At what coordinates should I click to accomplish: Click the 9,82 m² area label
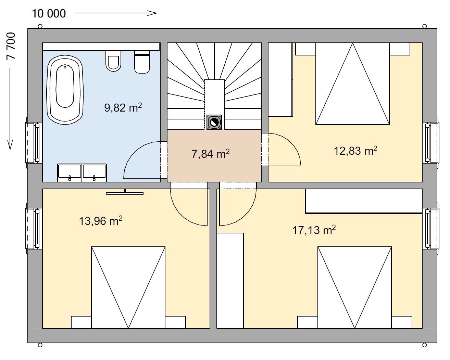pos(123,107)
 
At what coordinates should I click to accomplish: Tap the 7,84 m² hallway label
pos(211,154)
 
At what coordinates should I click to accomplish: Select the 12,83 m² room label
pos(355,151)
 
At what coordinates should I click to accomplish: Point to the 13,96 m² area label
pos(101,221)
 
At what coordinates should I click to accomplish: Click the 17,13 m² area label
pos(314,230)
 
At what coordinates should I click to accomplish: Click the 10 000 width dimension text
pos(49,14)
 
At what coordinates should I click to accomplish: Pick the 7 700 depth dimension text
pos(11,46)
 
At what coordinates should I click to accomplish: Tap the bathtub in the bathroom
pos(65,90)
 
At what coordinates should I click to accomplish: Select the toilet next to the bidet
pos(113,61)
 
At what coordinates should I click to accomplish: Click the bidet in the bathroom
pos(142,62)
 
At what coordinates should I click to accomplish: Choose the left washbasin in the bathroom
pos(70,172)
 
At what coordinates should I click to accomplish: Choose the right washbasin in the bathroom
pos(94,172)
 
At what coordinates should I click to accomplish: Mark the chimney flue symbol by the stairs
pos(214,122)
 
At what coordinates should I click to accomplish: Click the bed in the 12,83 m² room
pos(352,83)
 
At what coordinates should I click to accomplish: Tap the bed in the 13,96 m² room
pos(128,287)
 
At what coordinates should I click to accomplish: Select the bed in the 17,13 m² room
pos(355,287)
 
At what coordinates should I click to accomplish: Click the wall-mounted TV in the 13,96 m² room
pos(125,193)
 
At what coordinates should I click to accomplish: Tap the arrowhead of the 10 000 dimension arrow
pos(155,13)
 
